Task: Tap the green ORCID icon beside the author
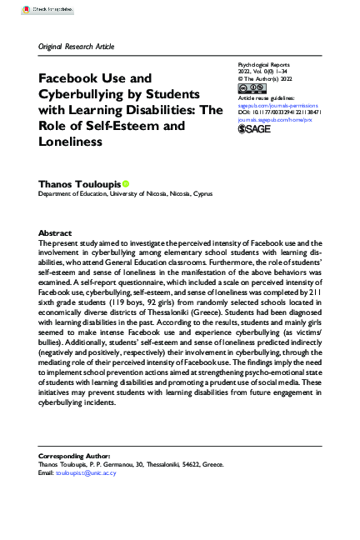point(127,183)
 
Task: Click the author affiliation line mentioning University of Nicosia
point(126,194)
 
